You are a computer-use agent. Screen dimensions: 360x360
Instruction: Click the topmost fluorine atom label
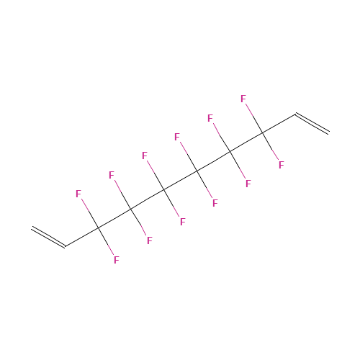pyautogui.click(x=243, y=99)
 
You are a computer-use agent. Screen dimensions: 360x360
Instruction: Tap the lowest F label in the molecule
pyautogui.click(x=117, y=260)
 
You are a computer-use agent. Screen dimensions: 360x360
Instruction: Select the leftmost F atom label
pyautogui.click(x=78, y=194)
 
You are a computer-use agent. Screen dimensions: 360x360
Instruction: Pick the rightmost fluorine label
pyautogui.click(x=282, y=165)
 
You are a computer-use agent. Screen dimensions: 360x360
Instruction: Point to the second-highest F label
pyautogui.click(x=210, y=118)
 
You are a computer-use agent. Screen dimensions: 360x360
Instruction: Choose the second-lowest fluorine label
pyautogui.click(x=150, y=240)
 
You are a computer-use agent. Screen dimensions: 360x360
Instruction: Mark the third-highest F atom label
pyautogui.click(x=177, y=137)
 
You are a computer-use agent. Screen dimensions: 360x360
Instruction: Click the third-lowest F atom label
pyautogui.click(x=183, y=222)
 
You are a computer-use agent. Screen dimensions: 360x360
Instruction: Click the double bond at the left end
pyautogui.click(x=48, y=237)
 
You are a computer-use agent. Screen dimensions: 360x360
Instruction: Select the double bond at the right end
pyautogui.click(x=312, y=123)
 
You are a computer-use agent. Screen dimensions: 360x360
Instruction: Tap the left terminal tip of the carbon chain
pyautogui.click(x=32, y=228)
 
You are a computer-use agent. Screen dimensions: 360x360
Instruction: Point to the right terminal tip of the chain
pyautogui.click(x=328, y=132)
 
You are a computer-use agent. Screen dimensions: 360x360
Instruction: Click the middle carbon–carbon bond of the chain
pyautogui.click(x=181, y=181)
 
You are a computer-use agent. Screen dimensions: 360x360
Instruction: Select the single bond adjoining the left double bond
pyautogui.click(x=81, y=238)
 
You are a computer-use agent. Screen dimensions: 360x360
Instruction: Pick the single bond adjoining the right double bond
pyautogui.click(x=279, y=123)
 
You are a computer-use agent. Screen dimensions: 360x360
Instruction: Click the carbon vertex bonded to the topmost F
pyautogui.click(x=263, y=132)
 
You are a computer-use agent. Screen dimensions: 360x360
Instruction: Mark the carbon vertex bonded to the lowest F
pyautogui.click(x=98, y=228)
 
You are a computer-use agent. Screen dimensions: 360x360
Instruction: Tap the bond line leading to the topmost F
pyautogui.click(x=254, y=118)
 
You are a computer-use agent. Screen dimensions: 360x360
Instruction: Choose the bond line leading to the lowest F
pyautogui.click(x=106, y=241)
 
